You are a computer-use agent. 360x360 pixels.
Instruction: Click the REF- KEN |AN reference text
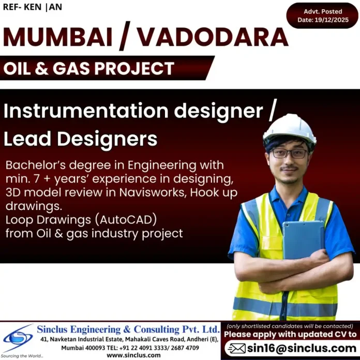coord(32,7)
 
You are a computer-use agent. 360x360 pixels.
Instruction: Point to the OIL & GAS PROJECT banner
coord(89,68)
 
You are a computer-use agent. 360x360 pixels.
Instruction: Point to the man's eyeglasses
coord(290,154)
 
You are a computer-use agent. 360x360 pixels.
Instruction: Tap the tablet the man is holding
coord(302,239)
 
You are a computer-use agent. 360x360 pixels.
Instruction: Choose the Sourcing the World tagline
coord(22,355)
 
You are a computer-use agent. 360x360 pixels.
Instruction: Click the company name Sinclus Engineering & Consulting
coord(128,329)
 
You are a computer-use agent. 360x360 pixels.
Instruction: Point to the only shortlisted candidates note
coord(290,326)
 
